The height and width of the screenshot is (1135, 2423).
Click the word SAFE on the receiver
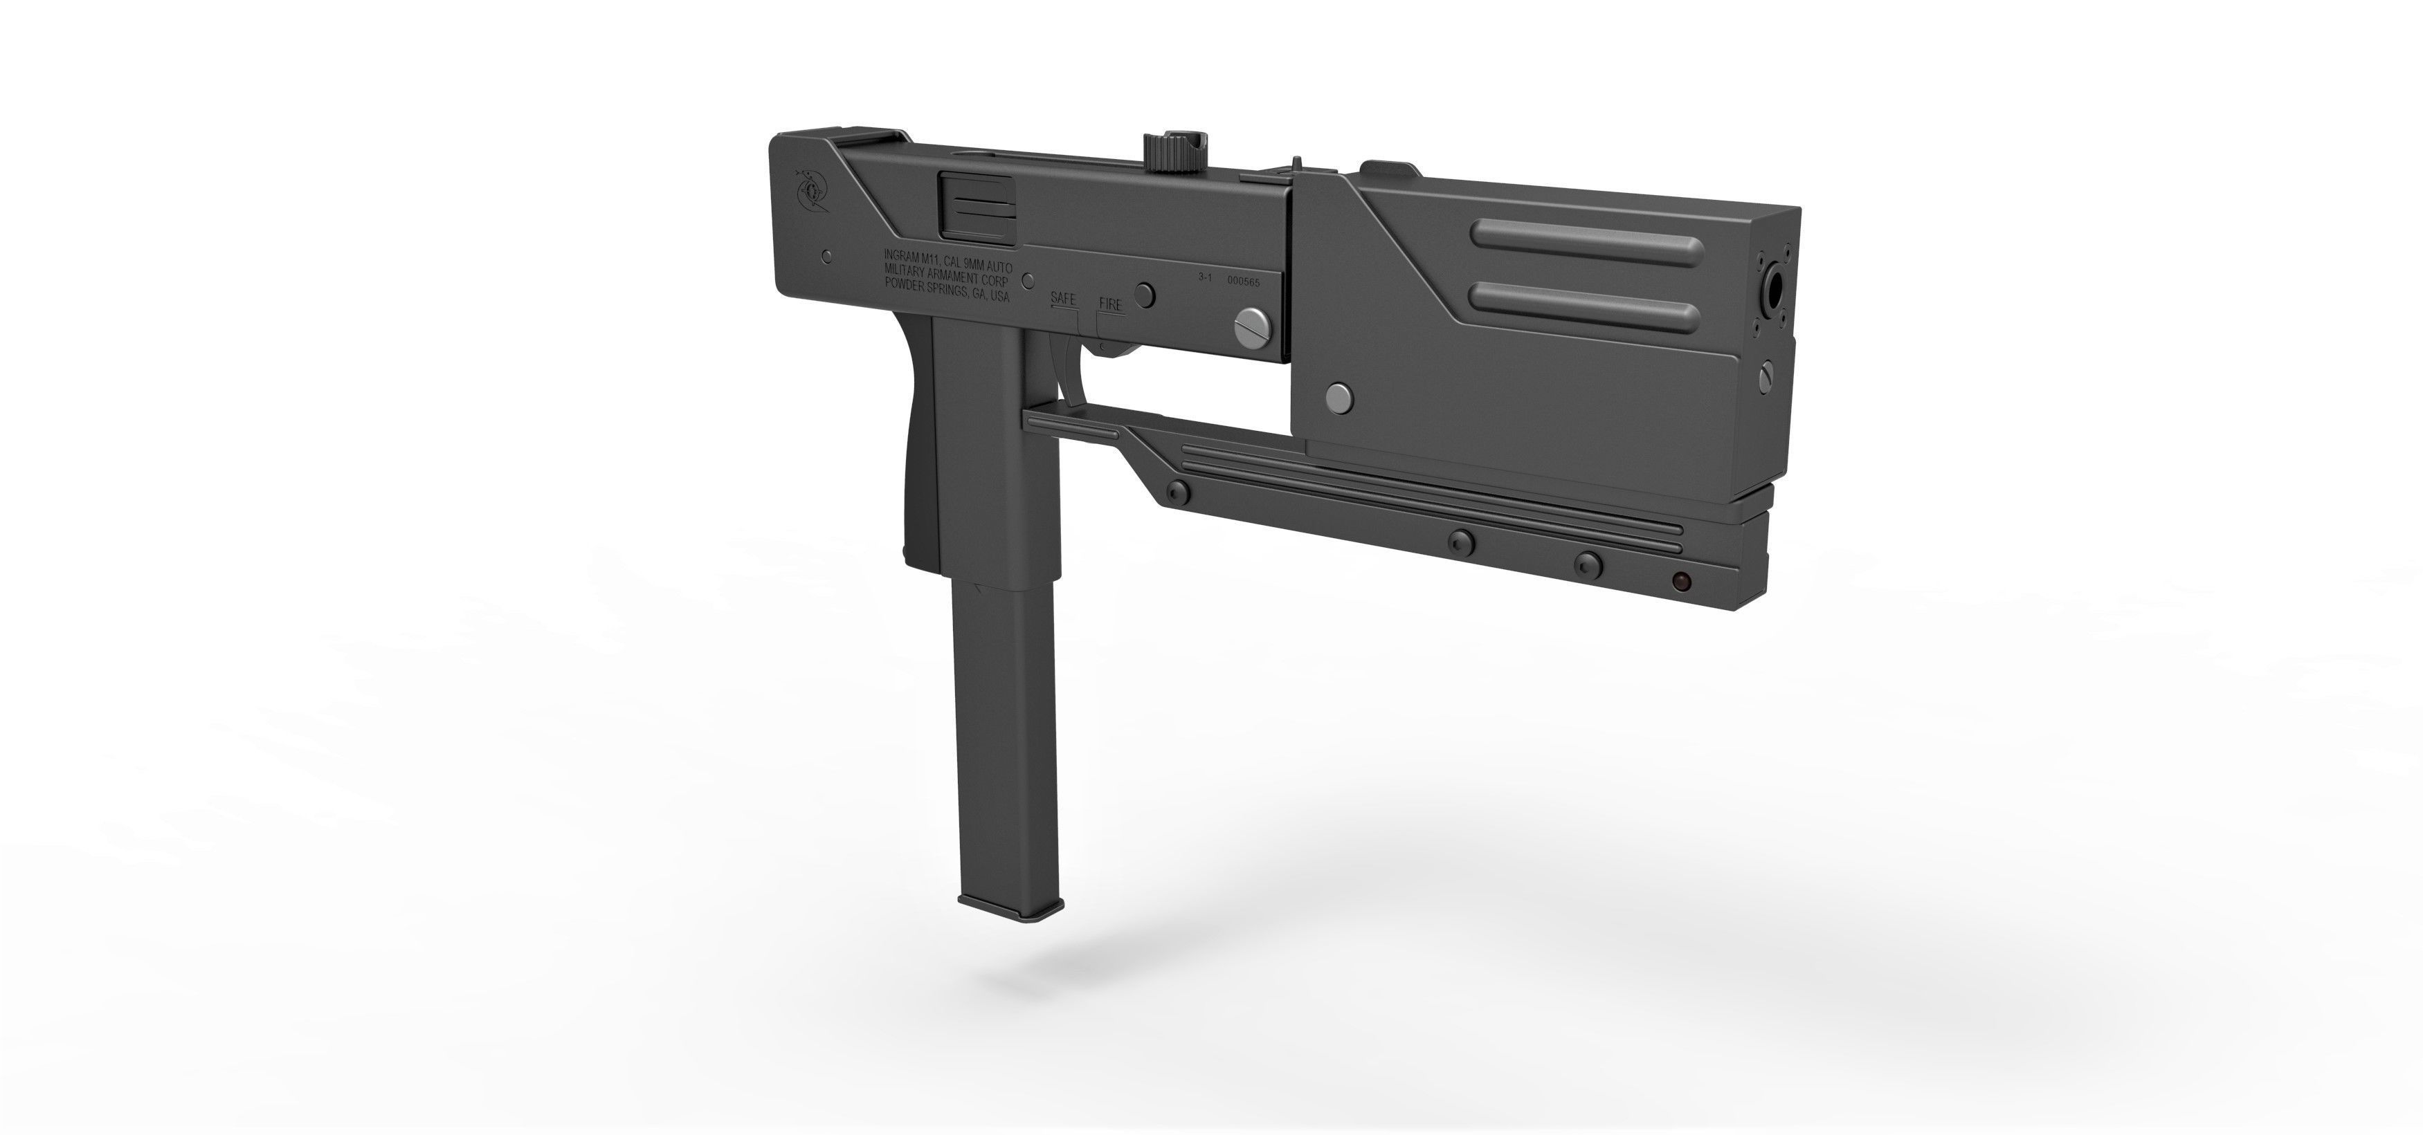1064,298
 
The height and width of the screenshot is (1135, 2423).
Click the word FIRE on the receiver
1111,305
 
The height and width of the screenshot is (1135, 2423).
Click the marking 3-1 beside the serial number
1206,277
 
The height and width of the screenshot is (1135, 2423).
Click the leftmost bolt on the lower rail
1176,492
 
